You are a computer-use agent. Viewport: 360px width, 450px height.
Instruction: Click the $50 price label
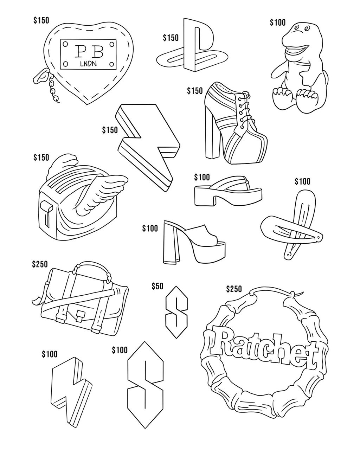pos(157,286)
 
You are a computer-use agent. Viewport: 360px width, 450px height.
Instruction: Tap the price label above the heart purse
pos(41,21)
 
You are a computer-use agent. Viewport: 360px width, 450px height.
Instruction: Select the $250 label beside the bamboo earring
pos(234,289)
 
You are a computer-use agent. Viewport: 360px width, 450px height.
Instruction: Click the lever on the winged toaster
pos(46,211)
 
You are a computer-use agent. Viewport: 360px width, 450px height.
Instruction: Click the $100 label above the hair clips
pos(302,181)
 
